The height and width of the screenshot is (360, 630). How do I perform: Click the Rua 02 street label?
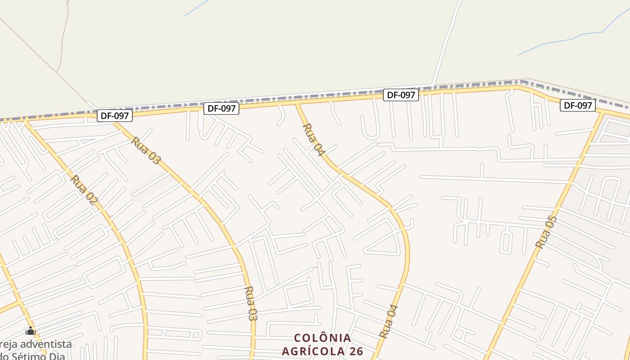tap(84, 190)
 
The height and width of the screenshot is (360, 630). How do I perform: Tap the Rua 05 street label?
tap(546, 232)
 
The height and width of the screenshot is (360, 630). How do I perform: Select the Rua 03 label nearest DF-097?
tap(146, 151)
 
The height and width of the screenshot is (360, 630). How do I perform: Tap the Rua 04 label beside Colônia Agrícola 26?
tap(389, 321)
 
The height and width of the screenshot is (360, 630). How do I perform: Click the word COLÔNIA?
tap(322, 338)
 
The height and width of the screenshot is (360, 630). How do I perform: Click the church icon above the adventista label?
tap(30, 331)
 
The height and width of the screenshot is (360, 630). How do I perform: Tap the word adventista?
tap(45, 344)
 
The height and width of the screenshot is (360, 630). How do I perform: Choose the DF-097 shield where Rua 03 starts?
tap(115, 116)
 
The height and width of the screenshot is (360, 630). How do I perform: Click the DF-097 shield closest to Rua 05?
tap(578, 105)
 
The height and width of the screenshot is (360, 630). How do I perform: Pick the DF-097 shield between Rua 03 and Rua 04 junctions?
tap(221, 108)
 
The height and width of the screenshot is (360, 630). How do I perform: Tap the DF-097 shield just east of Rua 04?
tap(401, 95)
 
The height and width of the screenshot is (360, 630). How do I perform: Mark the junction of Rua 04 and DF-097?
tap(296, 104)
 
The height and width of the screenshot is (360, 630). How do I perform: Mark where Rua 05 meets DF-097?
tap(603, 112)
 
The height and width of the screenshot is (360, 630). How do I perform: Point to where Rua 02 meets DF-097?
tap(24, 120)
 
